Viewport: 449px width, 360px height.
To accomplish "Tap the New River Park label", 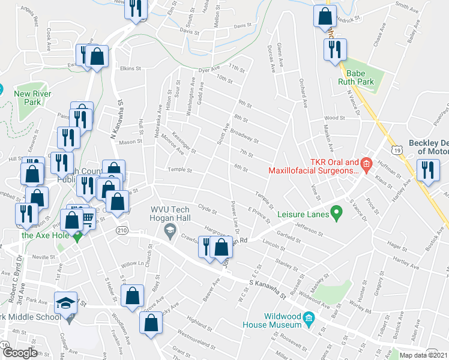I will tap(27, 98).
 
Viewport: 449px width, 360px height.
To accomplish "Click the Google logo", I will tap(19, 353).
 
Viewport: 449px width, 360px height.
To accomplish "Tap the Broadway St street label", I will tap(243, 137).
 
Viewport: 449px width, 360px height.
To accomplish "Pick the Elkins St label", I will tap(129, 68).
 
